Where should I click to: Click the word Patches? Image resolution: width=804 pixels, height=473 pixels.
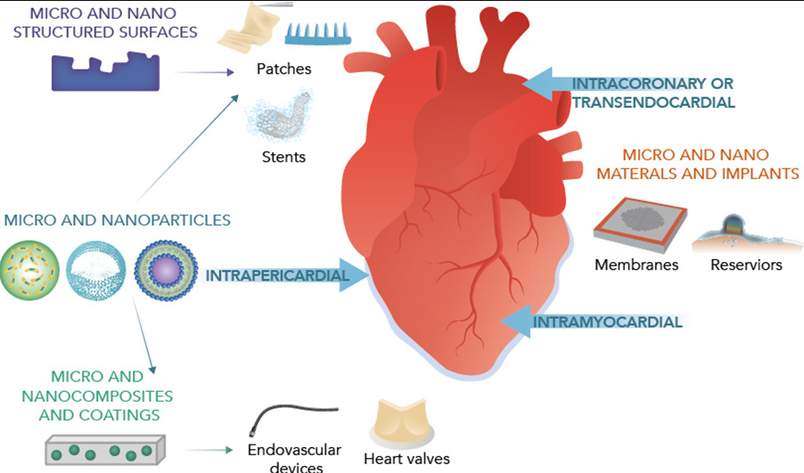click(283, 69)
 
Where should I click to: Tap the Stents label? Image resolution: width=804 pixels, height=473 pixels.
click(283, 157)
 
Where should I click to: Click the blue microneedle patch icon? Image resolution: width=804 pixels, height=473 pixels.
click(318, 34)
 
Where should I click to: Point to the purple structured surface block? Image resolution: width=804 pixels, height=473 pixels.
click(106, 72)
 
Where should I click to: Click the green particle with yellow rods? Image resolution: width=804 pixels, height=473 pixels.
click(29, 270)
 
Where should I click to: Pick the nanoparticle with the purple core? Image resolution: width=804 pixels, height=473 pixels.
click(166, 270)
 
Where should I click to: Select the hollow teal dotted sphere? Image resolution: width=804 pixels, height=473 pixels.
click(96, 270)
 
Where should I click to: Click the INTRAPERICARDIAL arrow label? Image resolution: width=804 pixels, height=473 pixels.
click(277, 276)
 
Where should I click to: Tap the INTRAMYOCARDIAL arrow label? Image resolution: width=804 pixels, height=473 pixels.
click(608, 322)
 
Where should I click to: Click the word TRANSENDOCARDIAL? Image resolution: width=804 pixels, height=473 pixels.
click(653, 102)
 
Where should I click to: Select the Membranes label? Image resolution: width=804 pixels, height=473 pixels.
click(636, 265)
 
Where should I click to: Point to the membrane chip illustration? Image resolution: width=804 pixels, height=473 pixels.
click(640, 224)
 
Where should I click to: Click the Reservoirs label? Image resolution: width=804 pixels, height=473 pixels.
click(746, 265)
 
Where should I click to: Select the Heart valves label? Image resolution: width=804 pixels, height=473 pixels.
click(406, 459)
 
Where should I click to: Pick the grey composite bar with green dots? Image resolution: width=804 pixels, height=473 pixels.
click(105, 450)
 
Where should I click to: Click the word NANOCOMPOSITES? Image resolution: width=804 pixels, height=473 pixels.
click(97, 396)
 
